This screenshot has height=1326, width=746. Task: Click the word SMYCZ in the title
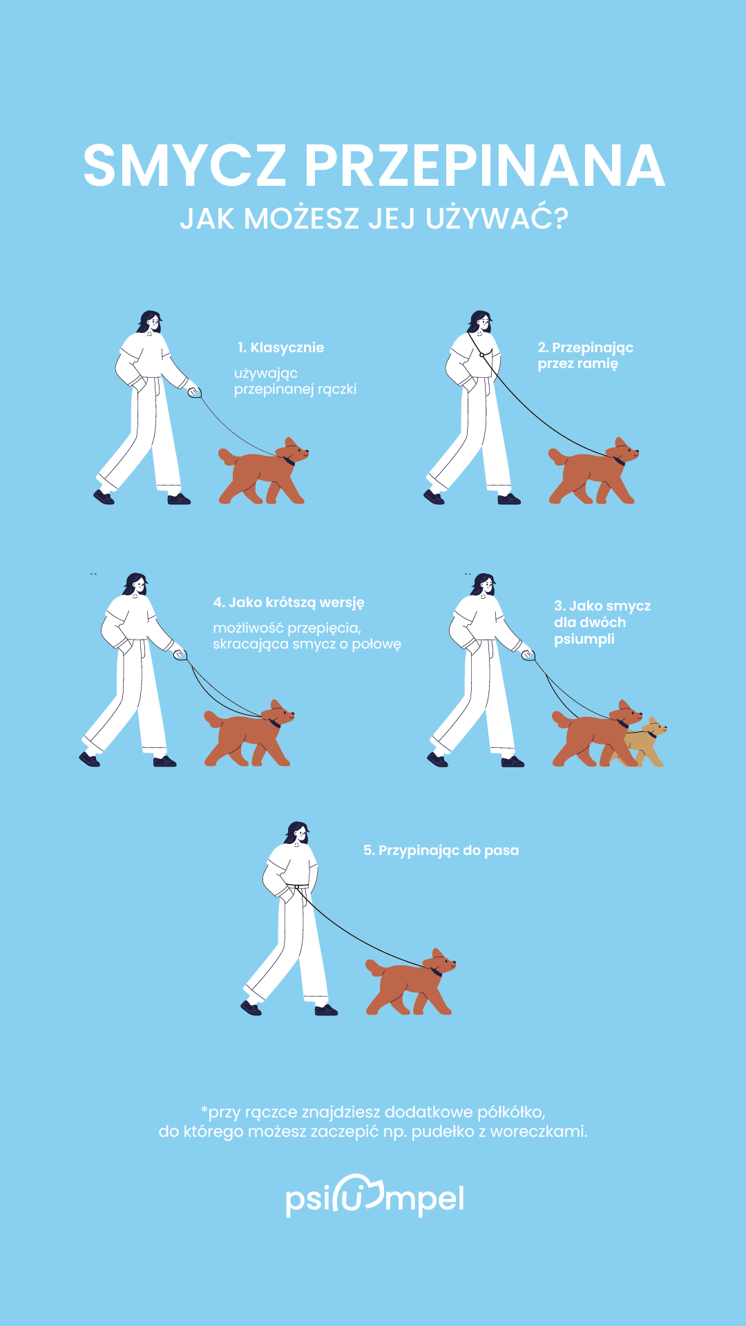184,166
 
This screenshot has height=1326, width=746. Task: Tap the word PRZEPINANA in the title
484,166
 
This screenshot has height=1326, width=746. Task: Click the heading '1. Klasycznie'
280,347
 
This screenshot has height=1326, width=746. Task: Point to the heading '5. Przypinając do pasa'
441,851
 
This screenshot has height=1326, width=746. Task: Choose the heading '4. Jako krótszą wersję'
289,602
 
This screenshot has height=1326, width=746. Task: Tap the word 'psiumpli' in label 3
584,640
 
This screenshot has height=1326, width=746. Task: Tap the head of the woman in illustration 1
150,322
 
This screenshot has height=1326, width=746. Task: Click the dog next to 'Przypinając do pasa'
411,981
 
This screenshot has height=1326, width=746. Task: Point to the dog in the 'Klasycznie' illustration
263,470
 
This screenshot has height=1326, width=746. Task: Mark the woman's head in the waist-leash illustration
297,833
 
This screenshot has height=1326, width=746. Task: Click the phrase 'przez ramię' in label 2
578,364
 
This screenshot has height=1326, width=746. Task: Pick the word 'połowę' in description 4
376,645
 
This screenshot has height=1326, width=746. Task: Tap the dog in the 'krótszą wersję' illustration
249,733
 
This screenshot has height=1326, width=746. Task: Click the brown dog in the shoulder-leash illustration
593,470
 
